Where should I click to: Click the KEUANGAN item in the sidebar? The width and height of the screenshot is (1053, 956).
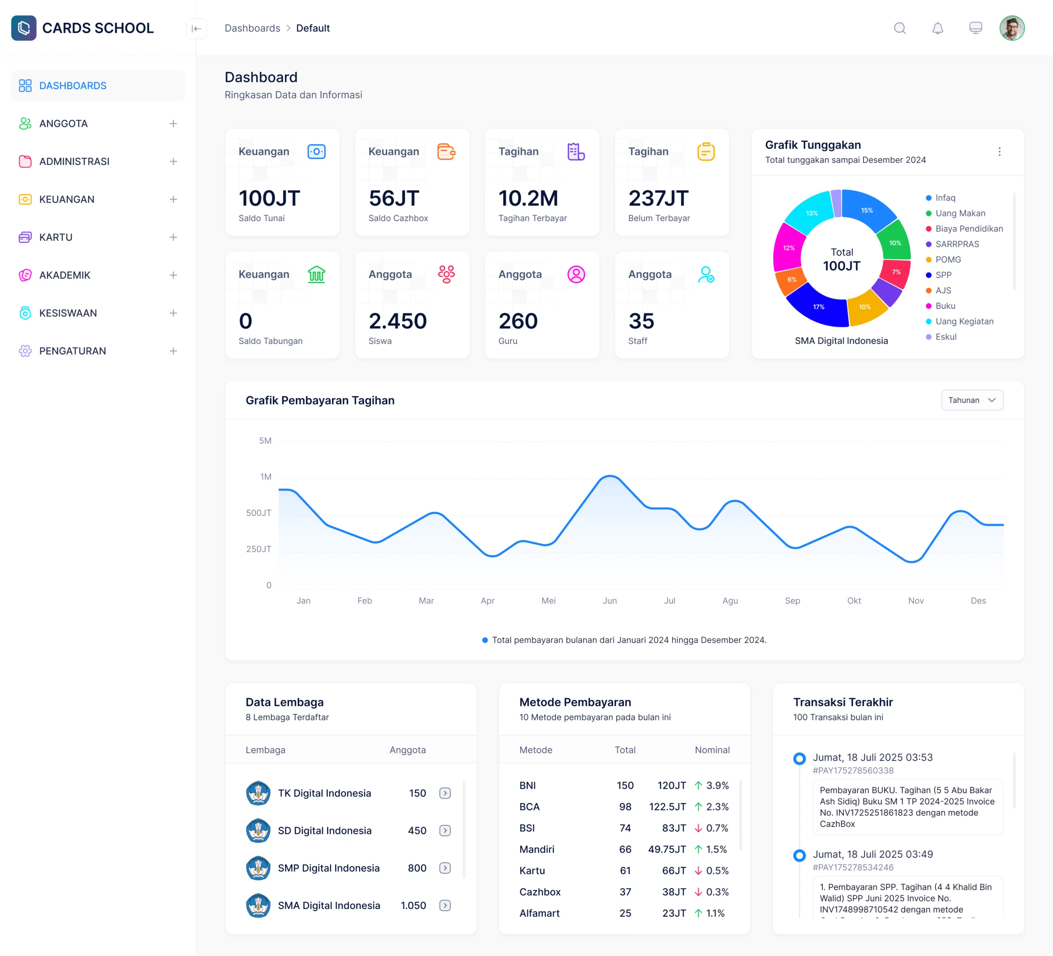coord(66,199)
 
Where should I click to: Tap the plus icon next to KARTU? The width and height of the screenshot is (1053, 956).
coord(173,237)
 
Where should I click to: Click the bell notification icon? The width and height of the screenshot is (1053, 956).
coord(938,28)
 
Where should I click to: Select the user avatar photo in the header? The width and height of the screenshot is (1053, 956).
coord(1012,28)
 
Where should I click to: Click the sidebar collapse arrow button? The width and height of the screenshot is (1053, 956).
coord(197,29)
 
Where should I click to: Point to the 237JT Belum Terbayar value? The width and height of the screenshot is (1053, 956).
coord(658,198)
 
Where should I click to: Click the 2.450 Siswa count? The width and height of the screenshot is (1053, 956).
coord(398,321)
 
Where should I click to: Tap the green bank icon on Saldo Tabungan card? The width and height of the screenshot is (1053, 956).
coord(316,274)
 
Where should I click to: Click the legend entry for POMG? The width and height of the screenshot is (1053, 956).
coord(948,260)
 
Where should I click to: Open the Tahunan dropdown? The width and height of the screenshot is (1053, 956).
coord(971,400)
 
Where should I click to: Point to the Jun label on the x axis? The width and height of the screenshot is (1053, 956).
coord(609,601)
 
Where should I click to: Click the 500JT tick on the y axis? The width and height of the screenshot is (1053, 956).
coord(258,513)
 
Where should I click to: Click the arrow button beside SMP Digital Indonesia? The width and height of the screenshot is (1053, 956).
coord(445,868)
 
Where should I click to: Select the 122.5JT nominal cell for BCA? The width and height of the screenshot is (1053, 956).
coord(667,806)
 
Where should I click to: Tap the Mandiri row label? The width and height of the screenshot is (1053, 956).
coord(537,849)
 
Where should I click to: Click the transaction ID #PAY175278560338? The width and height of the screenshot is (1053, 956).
coord(852,770)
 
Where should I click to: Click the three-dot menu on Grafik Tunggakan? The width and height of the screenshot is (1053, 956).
coord(999,151)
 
